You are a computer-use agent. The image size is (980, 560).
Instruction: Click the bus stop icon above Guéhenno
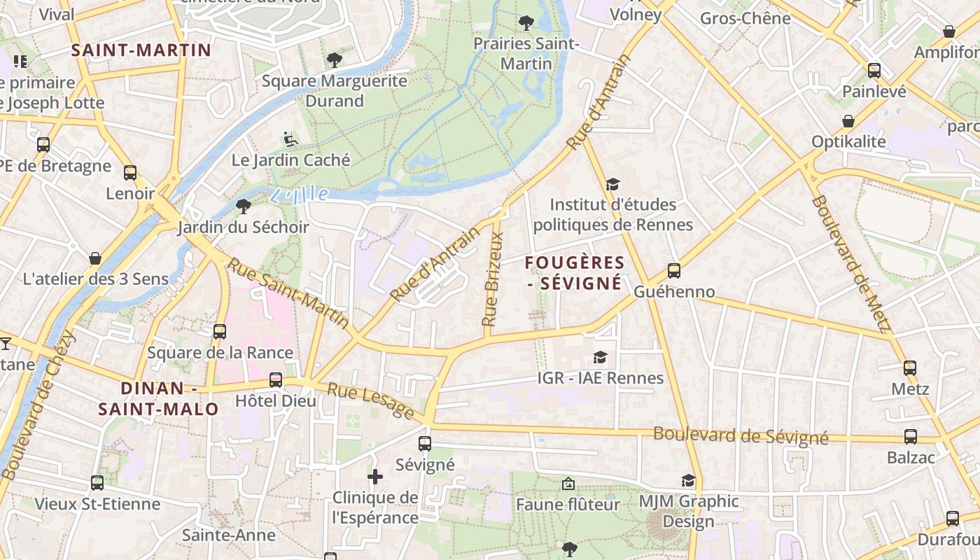(674, 270)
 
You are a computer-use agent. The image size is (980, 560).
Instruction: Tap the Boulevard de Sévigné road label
(741, 436)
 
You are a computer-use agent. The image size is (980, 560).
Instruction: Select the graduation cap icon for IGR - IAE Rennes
(600, 358)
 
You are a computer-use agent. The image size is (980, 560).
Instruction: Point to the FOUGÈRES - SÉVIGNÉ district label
(575, 273)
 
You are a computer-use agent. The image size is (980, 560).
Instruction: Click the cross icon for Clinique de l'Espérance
(375, 477)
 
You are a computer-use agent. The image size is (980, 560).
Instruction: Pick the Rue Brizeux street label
(493, 279)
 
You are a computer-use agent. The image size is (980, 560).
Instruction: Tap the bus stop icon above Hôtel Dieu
(276, 380)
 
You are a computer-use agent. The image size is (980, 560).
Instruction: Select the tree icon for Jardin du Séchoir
(244, 206)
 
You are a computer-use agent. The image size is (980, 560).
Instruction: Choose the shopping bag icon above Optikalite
(848, 121)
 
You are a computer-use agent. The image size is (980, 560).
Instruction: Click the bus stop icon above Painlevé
(874, 70)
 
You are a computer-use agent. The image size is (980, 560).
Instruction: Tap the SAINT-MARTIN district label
(141, 50)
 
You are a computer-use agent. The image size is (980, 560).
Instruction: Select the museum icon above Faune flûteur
(568, 484)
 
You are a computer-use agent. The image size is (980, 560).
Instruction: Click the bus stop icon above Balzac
(911, 437)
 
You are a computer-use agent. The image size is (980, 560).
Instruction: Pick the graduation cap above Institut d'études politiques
(613, 184)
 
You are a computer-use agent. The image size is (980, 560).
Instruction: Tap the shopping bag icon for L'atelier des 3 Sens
(95, 258)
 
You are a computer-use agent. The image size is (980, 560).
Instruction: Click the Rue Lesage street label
(371, 402)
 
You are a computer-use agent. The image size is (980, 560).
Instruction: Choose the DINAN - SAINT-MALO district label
(159, 398)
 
